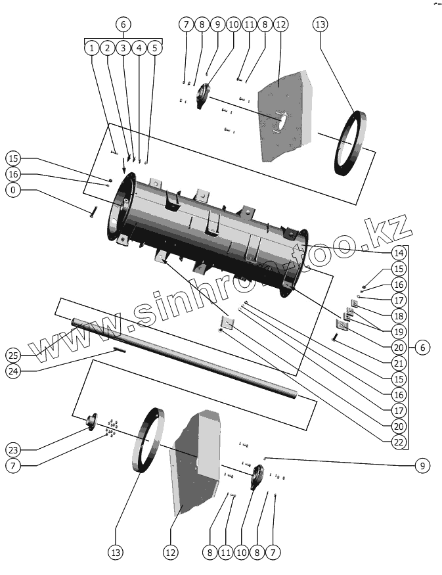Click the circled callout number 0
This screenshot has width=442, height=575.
coord(13,191)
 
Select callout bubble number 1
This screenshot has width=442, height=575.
coord(91,48)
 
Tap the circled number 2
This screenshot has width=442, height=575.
coord(107,48)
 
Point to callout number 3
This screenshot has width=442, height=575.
coord(123,48)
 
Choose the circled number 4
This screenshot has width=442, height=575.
coord(139,48)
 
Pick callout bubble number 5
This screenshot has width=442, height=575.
coord(154,48)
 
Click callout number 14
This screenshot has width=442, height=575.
coord(399,253)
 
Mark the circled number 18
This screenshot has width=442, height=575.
coord(399,316)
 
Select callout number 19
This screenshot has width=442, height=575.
coord(399,332)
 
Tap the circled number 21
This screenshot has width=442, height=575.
coord(399,363)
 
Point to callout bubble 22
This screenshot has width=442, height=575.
coord(399,442)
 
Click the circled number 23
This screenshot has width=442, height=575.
coord(13,450)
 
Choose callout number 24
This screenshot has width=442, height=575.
coord(13,371)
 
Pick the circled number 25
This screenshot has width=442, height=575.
coord(13,356)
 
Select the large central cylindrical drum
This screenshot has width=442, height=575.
coord(210,230)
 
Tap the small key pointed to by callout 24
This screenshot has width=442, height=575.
coord(119,350)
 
